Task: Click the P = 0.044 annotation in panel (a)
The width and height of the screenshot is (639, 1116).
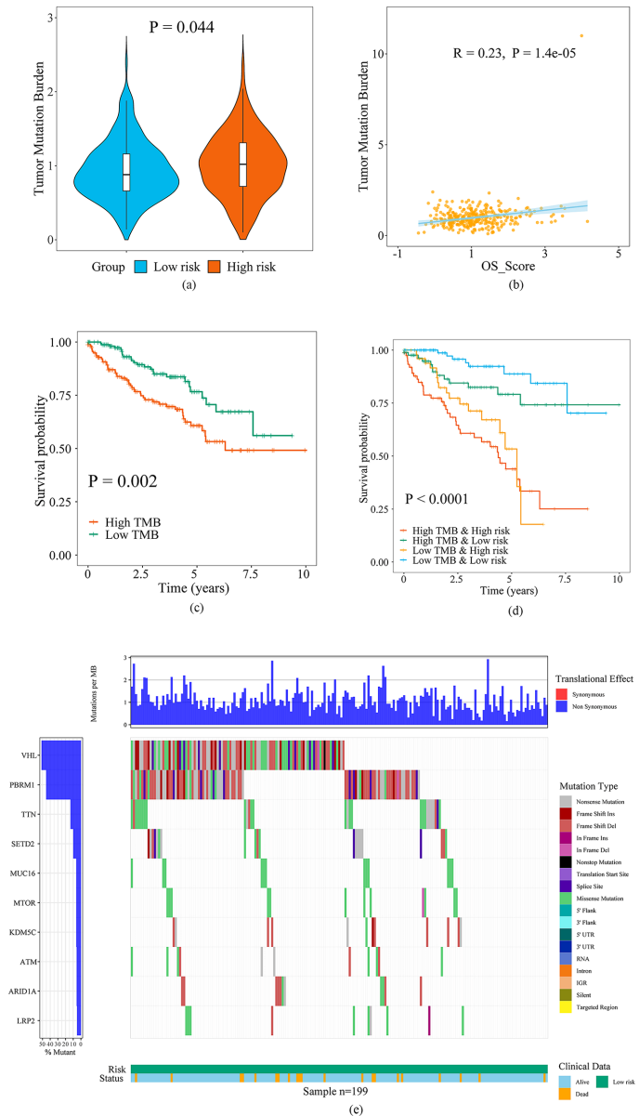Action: [x=182, y=27]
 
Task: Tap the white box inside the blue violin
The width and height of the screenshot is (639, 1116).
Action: [x=126, y=168]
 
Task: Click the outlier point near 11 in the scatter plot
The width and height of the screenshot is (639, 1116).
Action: [x=581, y=36]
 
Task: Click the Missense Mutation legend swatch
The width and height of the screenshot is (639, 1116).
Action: [x=566, y=899]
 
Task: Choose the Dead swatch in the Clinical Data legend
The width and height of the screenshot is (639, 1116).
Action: [x=566, y=1095]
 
